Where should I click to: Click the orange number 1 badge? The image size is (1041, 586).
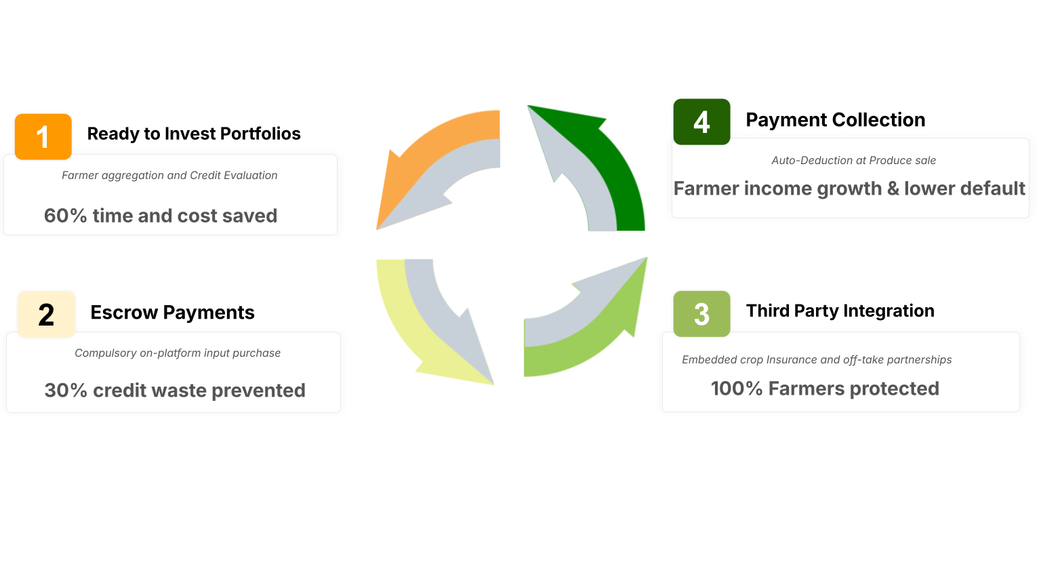[43, 137]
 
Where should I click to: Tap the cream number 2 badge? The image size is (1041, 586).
[47, 315]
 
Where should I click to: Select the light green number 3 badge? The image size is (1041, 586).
[701, 314]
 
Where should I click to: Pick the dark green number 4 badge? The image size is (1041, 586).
[701, 122]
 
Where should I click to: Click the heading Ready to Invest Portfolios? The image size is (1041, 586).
[194, 134]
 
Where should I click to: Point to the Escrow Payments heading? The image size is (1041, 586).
[172, 313]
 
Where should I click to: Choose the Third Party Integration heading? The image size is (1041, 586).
[840, 311]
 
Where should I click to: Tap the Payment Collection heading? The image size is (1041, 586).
[836, 120]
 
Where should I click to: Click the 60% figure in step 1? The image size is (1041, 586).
[66, 216]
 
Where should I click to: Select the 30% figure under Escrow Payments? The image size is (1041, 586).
[66, 391]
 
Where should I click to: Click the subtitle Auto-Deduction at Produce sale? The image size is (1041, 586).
[854, 161]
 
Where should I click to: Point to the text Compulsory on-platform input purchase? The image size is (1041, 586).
[178, 353]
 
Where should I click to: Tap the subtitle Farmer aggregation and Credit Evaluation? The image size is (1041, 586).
[169, 176]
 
